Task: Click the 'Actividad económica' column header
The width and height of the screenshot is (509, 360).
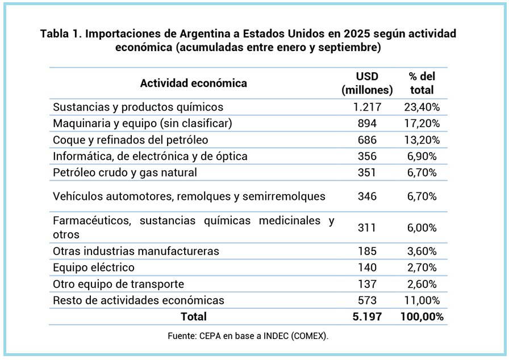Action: [193, 83]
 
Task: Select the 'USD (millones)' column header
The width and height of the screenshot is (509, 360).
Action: [367, 83]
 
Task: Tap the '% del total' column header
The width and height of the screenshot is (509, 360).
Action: [421, 83]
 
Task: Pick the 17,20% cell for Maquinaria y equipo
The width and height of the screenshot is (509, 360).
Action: [421, 123]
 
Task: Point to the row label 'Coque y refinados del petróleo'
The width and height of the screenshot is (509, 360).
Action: [130, 140]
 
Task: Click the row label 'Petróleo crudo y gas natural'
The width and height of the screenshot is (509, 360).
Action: [124, 173]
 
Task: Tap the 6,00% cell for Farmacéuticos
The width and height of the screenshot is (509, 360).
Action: [421, 228]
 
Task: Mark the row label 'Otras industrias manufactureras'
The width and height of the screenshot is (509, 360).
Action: [136, 251]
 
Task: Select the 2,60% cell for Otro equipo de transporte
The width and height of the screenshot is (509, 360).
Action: [421, 284]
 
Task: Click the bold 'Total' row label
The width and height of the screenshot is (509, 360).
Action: [193, 317]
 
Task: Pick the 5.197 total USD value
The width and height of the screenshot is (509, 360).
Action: [367, 317]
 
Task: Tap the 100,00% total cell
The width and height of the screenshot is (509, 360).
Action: [421, 317]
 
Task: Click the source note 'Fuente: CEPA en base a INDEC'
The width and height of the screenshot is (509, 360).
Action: [248, 336]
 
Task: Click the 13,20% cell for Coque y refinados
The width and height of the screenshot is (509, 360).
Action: [421, 140]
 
